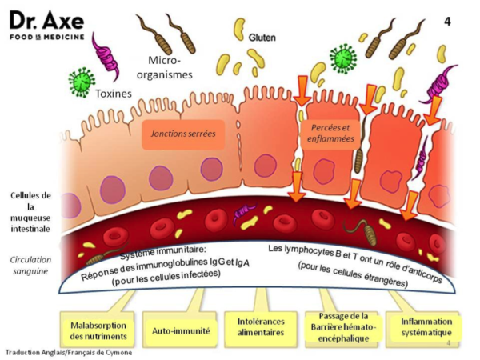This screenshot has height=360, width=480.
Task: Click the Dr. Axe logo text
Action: pos(47,21)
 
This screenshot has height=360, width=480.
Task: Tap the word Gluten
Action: pos(262,38)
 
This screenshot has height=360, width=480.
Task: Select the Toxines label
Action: pos(114,94)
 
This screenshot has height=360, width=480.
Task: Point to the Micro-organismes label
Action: pos(164,68)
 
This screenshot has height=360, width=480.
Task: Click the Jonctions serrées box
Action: pos(183,134)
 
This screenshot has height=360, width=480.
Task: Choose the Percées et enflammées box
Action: pos(330,133)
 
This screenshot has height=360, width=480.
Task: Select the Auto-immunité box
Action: pos(181,331)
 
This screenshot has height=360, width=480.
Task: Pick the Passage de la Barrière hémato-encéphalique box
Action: pos(343,327)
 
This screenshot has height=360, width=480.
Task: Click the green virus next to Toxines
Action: pos(82,82)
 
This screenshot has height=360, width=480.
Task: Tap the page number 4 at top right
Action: pos(447,22)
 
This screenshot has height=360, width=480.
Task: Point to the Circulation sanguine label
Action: pos(30,266)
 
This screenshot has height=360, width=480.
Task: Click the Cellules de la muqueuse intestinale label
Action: pos(30,212)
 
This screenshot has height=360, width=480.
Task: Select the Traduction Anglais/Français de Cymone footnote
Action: pos(69,352)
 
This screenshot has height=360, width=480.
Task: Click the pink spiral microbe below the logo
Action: pos(106,57)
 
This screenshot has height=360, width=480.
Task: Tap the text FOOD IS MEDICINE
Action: pos(47,37)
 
